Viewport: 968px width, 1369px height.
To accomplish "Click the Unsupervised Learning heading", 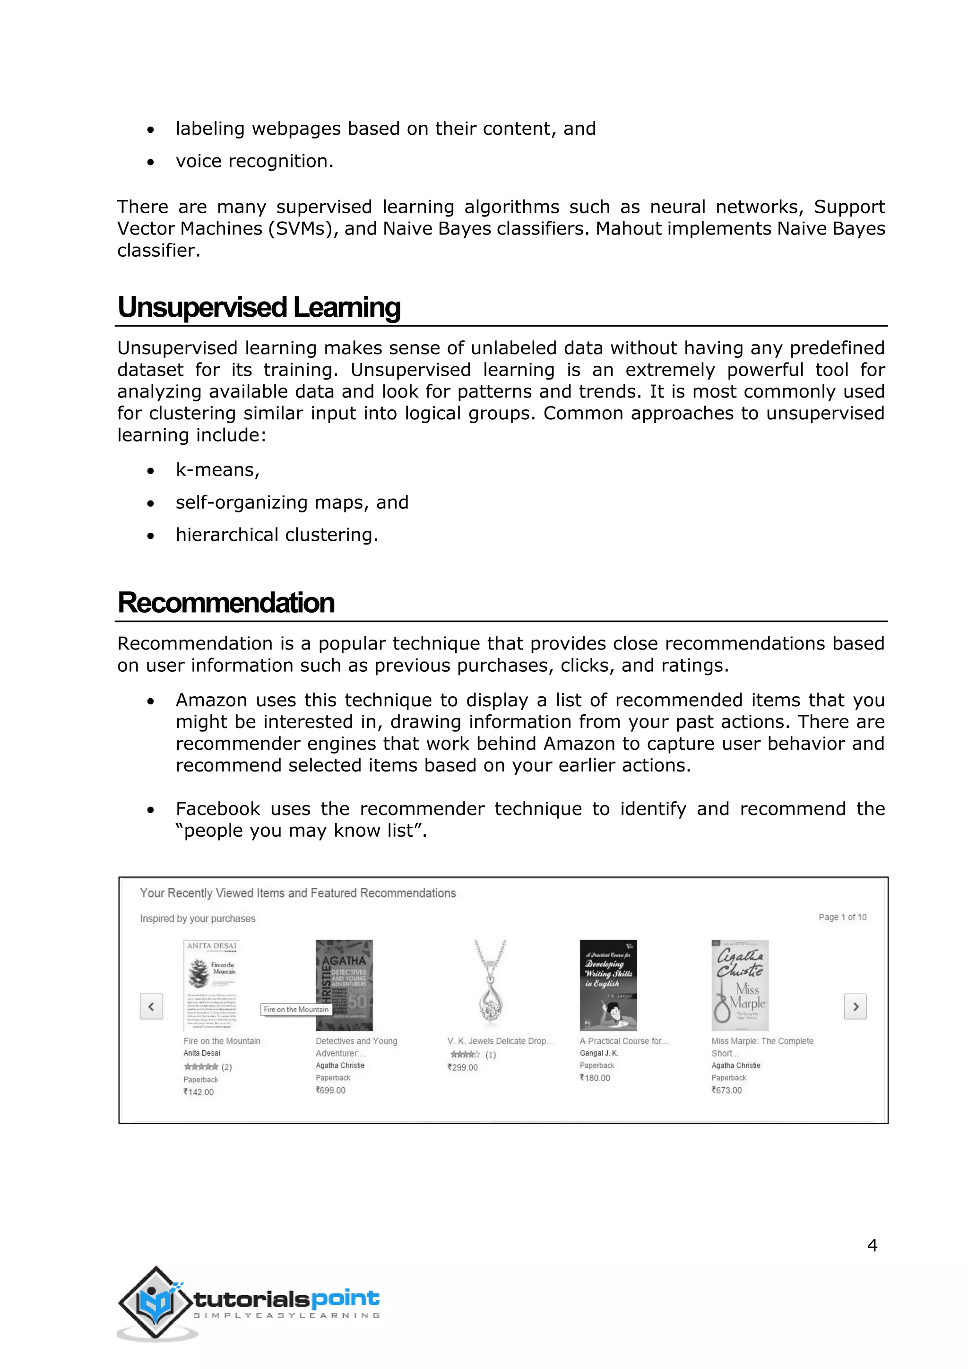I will click(x=259, y=308).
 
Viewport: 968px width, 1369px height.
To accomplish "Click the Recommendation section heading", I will click(x=226, y=603).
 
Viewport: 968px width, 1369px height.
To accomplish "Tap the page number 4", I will click(x=872, y=1245).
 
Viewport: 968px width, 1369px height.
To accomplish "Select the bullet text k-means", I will click(x=217, y=470).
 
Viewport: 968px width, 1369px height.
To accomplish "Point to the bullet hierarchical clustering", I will click(x=277, y=535).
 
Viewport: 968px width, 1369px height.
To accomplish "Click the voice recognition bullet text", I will click(x=254, y=161).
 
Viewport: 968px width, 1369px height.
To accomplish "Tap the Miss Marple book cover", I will click(x=740, y=985).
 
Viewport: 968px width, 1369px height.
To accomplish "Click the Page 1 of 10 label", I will click(x=842, y=917).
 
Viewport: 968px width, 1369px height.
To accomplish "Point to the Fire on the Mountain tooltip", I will click(x=296, y=1009).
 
